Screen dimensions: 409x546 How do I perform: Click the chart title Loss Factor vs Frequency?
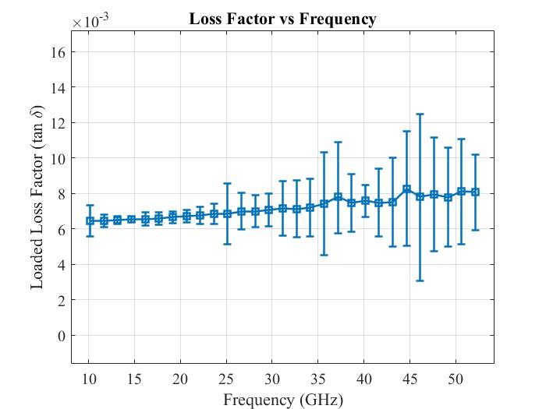point(282,19)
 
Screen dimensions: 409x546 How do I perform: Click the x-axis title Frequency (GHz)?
point(282,400)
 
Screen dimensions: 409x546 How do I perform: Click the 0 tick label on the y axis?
point(62,335)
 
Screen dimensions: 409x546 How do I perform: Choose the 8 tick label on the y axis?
point(62,193)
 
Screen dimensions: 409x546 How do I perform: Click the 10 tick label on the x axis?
point(89,379)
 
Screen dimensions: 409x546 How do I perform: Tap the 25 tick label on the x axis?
point(226,379)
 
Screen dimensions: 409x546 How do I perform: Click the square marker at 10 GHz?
point(90,220)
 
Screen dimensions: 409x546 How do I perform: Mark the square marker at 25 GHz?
point(227,213)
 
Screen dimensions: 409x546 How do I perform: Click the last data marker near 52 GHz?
point(475,192)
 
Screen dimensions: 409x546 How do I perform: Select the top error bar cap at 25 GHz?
point(227,183)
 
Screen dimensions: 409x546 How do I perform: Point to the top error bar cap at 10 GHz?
point(90,206)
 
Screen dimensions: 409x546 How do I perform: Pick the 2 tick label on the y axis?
point(62,300)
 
